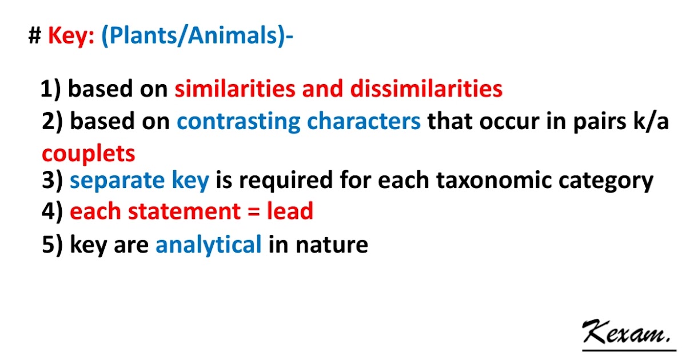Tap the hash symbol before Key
tap(34, 37)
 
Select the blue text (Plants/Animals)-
tap(197, 37)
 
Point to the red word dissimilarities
tap(426, 89)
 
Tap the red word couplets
tap(89, 153)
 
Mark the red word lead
tap(290, 212)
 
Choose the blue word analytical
tap(209, 245)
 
